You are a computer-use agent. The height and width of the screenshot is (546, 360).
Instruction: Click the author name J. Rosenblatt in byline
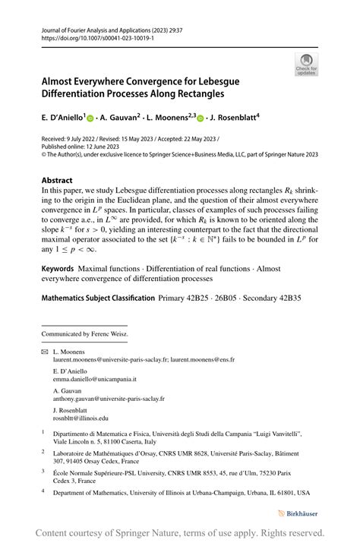tap(233, 118)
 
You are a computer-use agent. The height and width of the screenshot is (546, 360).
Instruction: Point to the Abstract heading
tap(57, 181)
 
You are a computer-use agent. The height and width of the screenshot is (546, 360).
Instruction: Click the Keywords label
tap(58, 269)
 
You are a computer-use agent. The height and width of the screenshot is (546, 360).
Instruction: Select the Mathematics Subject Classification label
tap(98, 298)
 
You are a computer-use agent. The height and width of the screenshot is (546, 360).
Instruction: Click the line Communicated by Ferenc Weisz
tap(84, 333)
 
